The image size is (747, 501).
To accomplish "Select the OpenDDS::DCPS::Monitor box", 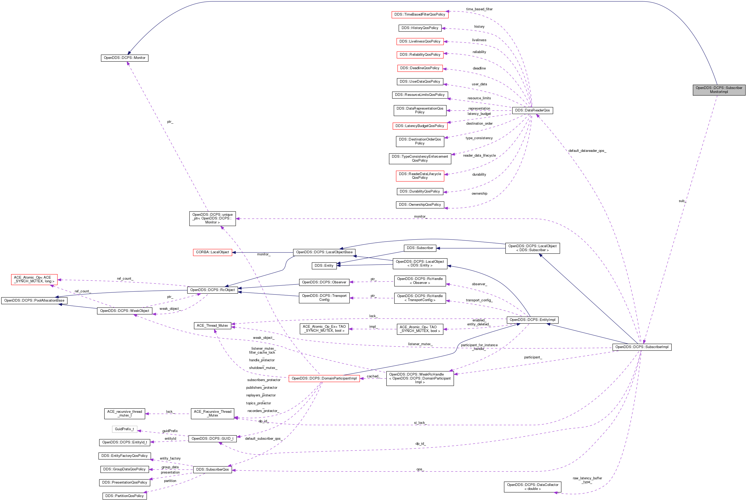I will click(124, 58).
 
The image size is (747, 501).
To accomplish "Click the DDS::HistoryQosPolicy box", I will click(420, 28).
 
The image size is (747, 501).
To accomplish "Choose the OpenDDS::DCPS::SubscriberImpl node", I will click(642, 347).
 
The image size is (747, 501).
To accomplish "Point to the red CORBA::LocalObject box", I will click(212, 252).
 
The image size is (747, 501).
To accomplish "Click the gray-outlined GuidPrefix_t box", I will click(124, 429).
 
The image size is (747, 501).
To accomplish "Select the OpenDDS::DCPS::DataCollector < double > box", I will click(532, 487).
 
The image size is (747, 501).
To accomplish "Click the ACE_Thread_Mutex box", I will click(212, 326).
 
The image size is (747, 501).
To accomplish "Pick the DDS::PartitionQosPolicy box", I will click(124, 496).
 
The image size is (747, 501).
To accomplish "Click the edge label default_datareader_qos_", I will click(587, 151).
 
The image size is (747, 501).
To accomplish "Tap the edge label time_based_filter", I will click(479, 9).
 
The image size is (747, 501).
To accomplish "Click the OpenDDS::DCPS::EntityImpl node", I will click(532, 320).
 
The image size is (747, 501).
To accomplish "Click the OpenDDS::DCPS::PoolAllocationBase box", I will click(34, 301).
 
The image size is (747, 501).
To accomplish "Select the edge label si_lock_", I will click(420, 423).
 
